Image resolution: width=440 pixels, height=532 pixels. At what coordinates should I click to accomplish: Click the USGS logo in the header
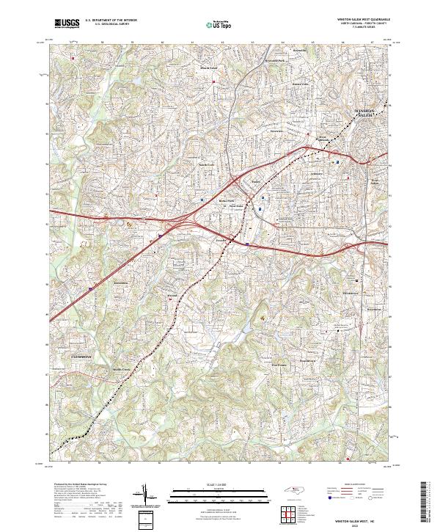(x=67, y=23)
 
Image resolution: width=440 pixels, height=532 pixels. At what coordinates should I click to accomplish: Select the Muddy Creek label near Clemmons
(x=120, y=369)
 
